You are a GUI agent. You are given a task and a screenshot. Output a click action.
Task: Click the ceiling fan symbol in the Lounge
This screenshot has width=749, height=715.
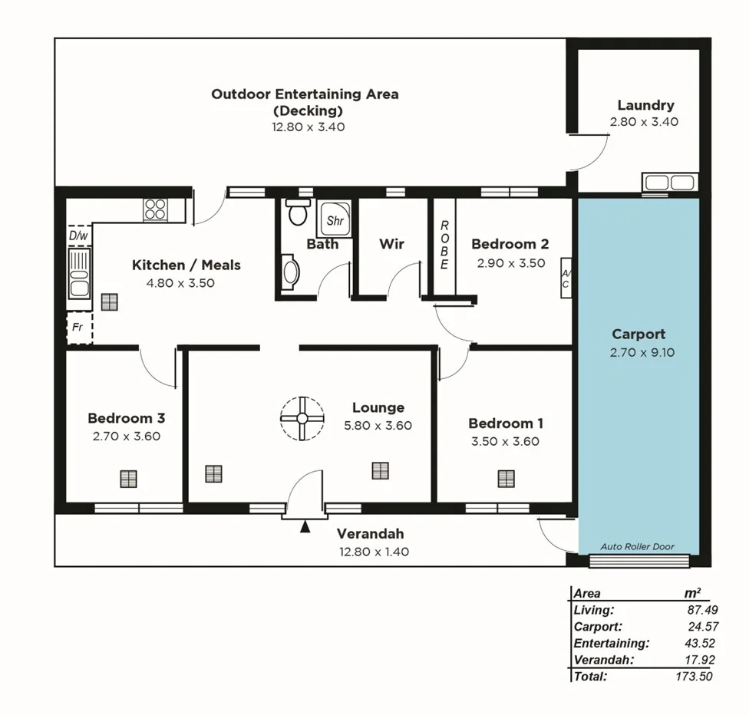coord(301,418)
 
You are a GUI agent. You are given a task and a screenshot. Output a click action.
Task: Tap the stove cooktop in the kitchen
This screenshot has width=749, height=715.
coord(155,210)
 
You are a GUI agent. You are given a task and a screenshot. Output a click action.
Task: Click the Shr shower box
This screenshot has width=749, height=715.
coord(335,220)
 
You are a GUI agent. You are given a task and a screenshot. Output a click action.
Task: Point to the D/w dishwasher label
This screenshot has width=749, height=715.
coord(78,236)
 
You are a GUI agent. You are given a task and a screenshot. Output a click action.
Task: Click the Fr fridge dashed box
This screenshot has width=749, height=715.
coord(78,328)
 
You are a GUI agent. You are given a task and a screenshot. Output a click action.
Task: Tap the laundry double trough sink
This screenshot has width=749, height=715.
coord(669,183)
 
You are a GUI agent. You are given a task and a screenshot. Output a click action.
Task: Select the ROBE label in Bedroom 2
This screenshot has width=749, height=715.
coord(444,245)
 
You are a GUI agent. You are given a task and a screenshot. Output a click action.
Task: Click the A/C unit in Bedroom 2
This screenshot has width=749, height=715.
coord(566,278)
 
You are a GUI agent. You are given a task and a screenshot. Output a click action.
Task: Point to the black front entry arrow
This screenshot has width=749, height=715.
coord(305,526)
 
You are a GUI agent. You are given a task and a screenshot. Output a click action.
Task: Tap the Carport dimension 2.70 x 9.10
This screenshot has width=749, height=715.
coord(638,353)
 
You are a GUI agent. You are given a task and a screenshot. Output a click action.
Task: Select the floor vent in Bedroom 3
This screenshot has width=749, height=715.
coord(128,479)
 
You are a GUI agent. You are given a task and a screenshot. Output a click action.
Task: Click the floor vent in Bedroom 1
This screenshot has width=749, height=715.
coord(505,479)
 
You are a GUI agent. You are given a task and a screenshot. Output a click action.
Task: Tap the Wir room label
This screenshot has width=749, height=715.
coord(391,244)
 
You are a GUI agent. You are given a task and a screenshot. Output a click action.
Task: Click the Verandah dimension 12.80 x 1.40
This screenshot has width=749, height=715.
coord(370,551)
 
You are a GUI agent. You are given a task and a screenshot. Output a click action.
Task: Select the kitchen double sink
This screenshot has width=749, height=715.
coord(79,274)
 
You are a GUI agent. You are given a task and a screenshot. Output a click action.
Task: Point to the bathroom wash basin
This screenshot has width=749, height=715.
coord(289,274)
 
